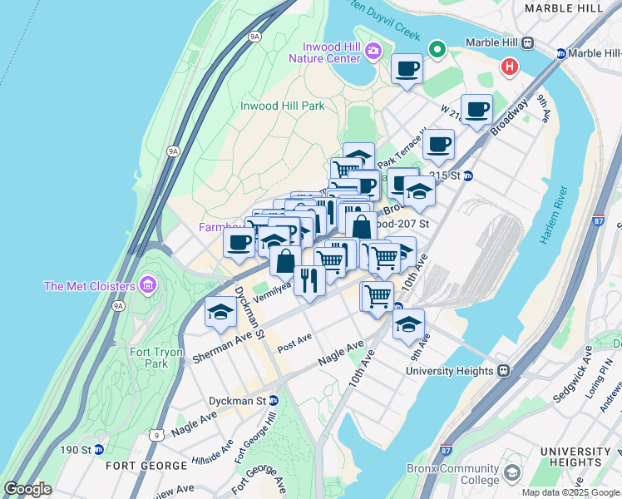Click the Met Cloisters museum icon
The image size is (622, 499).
click(x=149, y=286)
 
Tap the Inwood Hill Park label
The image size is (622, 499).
click(x=282, y=106)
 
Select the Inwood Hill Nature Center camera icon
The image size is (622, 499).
click(x=373, y=52)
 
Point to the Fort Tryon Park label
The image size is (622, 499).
click(x=155, y=358)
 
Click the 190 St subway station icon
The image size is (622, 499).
click(x=99, y=450)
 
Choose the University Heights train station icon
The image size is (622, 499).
click(x=503, y=371)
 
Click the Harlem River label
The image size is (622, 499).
click(x=553, y=220)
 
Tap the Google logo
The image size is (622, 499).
click(x=27, y=489)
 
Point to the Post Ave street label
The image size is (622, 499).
click(x=294, y=341)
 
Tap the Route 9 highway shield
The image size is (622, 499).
click(x=156, y=433)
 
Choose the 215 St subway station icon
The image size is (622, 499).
click(x=467, y=175)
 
